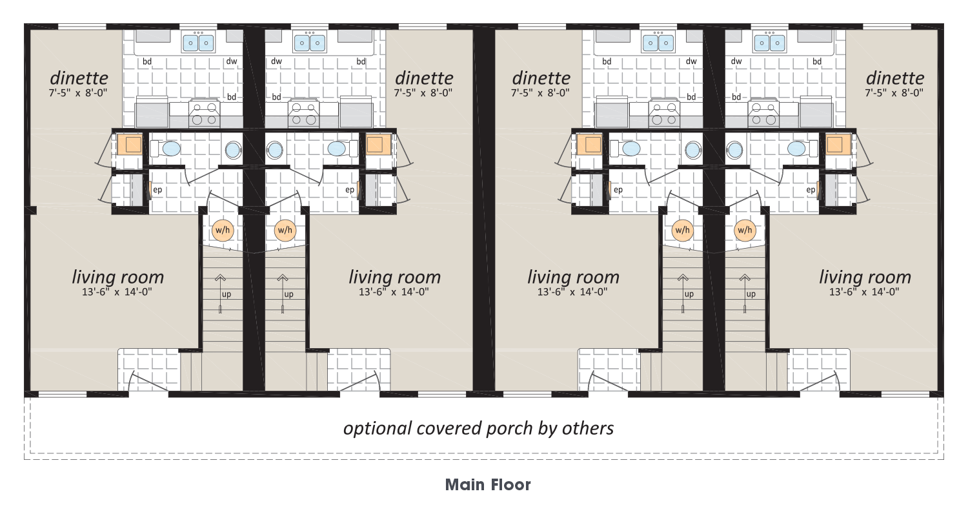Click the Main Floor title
click(488, 484)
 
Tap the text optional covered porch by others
click(478, 428)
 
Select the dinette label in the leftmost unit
click(79, 78)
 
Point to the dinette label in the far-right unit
click(895, 78)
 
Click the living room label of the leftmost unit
click(118, 277)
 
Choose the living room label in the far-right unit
click(865, 277)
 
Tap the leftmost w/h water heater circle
click(223, 230)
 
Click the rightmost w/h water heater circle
click(745, 230)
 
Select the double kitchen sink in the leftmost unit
click(198, 43)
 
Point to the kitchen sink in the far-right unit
click(769, 43)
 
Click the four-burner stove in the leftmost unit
click(204, 113)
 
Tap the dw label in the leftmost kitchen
click(232, 61)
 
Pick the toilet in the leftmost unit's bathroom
click(166, 149)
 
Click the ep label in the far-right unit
click(811, 189)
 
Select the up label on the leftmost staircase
click(227, 294)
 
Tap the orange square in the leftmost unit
click(130, 145)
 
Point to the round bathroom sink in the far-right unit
click(734, 150)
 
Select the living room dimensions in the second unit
click(394, 292)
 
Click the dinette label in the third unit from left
click(541, 78)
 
